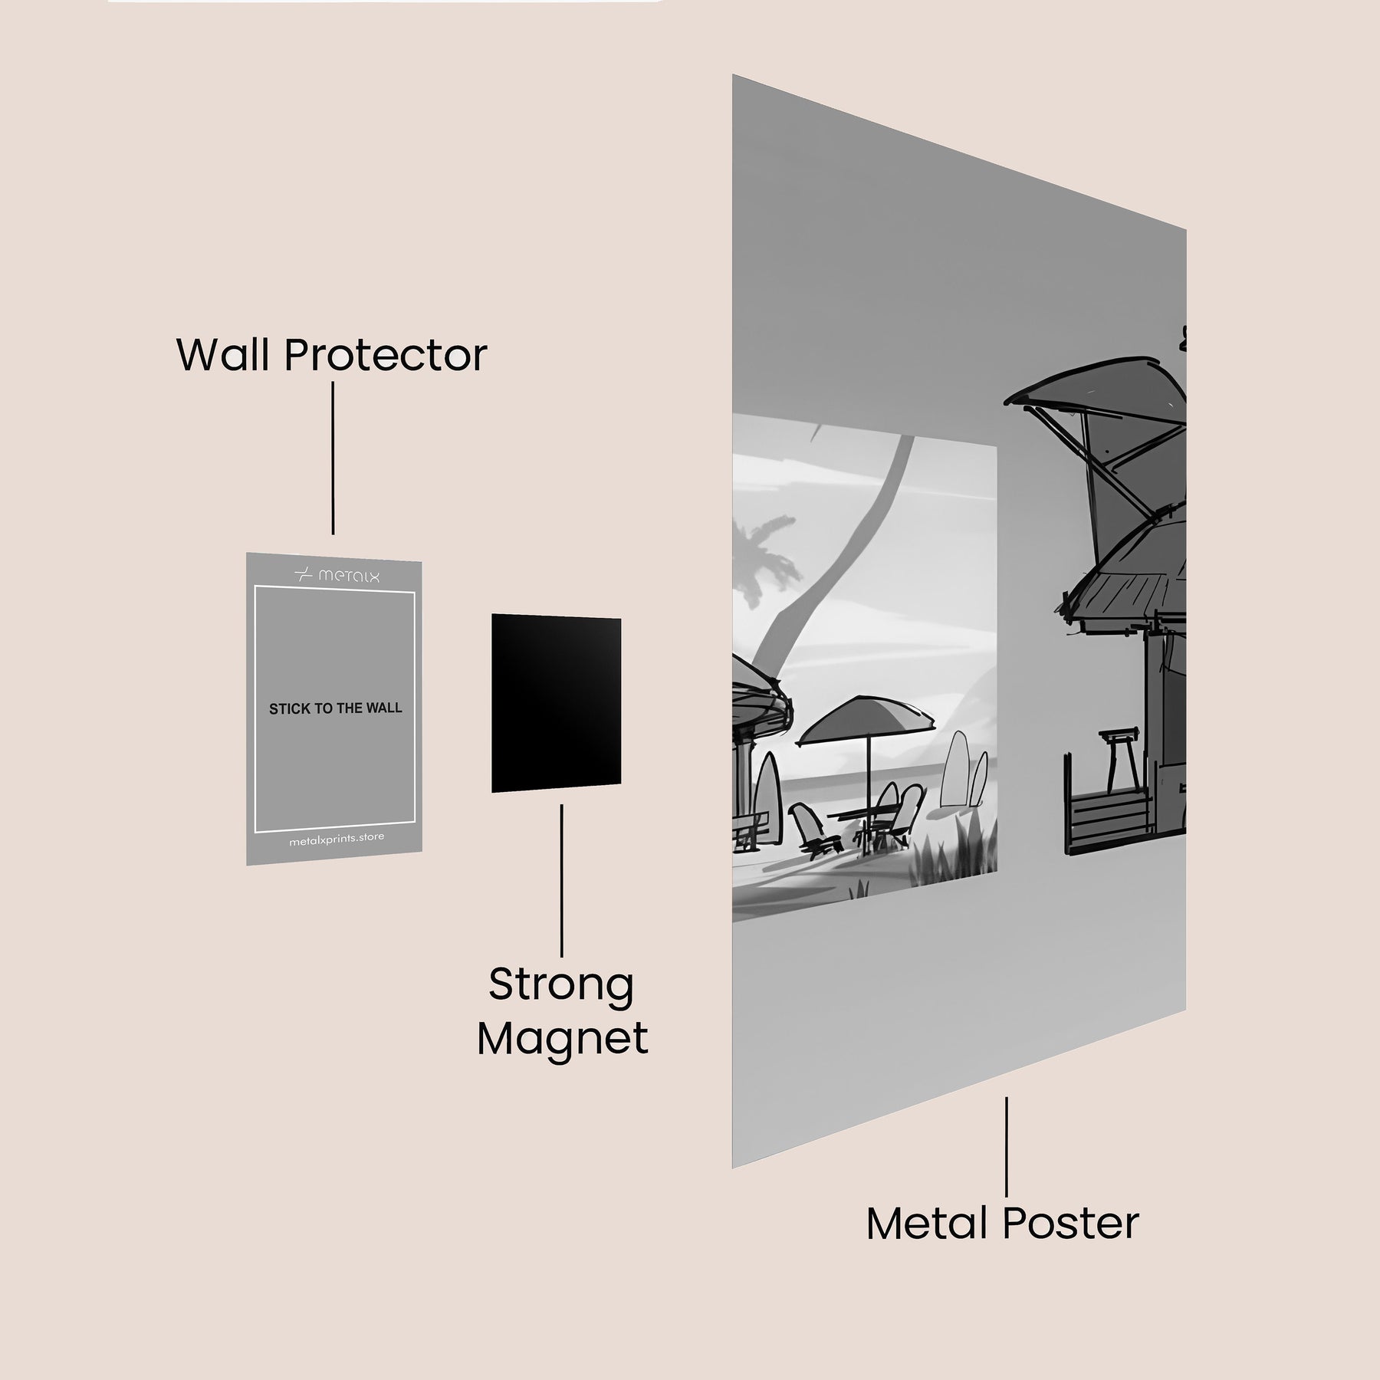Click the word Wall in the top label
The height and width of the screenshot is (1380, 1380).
click(225, 355)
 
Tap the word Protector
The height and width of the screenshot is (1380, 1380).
click(386, 355)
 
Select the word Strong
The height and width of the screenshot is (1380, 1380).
click(561, 984)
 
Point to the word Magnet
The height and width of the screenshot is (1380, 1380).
click(563, 1039)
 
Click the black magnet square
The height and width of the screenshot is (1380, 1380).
click(556, 703)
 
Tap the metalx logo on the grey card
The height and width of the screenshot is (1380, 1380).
click(337, 575)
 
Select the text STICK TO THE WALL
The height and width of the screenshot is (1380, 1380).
click(335, 708)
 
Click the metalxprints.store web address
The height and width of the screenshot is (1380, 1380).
click(337, 840)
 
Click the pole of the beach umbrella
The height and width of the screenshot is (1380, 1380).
click(869, 774)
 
